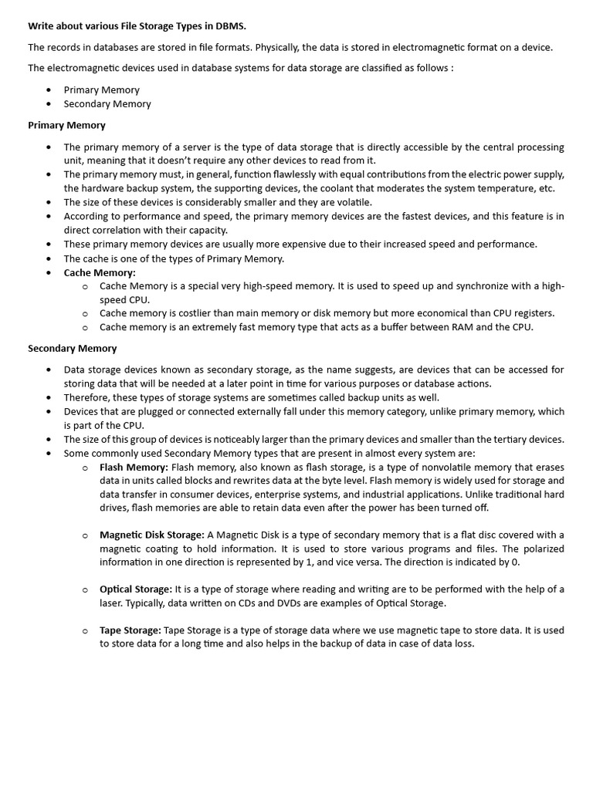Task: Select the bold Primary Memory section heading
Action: pos(66,125)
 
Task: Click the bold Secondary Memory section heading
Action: pos(73,349)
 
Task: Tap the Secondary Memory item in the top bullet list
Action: pos(107,104)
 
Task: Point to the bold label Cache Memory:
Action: pos(100,272)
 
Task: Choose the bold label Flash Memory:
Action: pos(134,468)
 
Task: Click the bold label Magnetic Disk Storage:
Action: pos(152,535)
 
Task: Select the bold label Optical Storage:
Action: pos(136,589)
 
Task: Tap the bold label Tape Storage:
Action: pos(130,631)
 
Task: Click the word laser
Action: pos(112,603)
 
